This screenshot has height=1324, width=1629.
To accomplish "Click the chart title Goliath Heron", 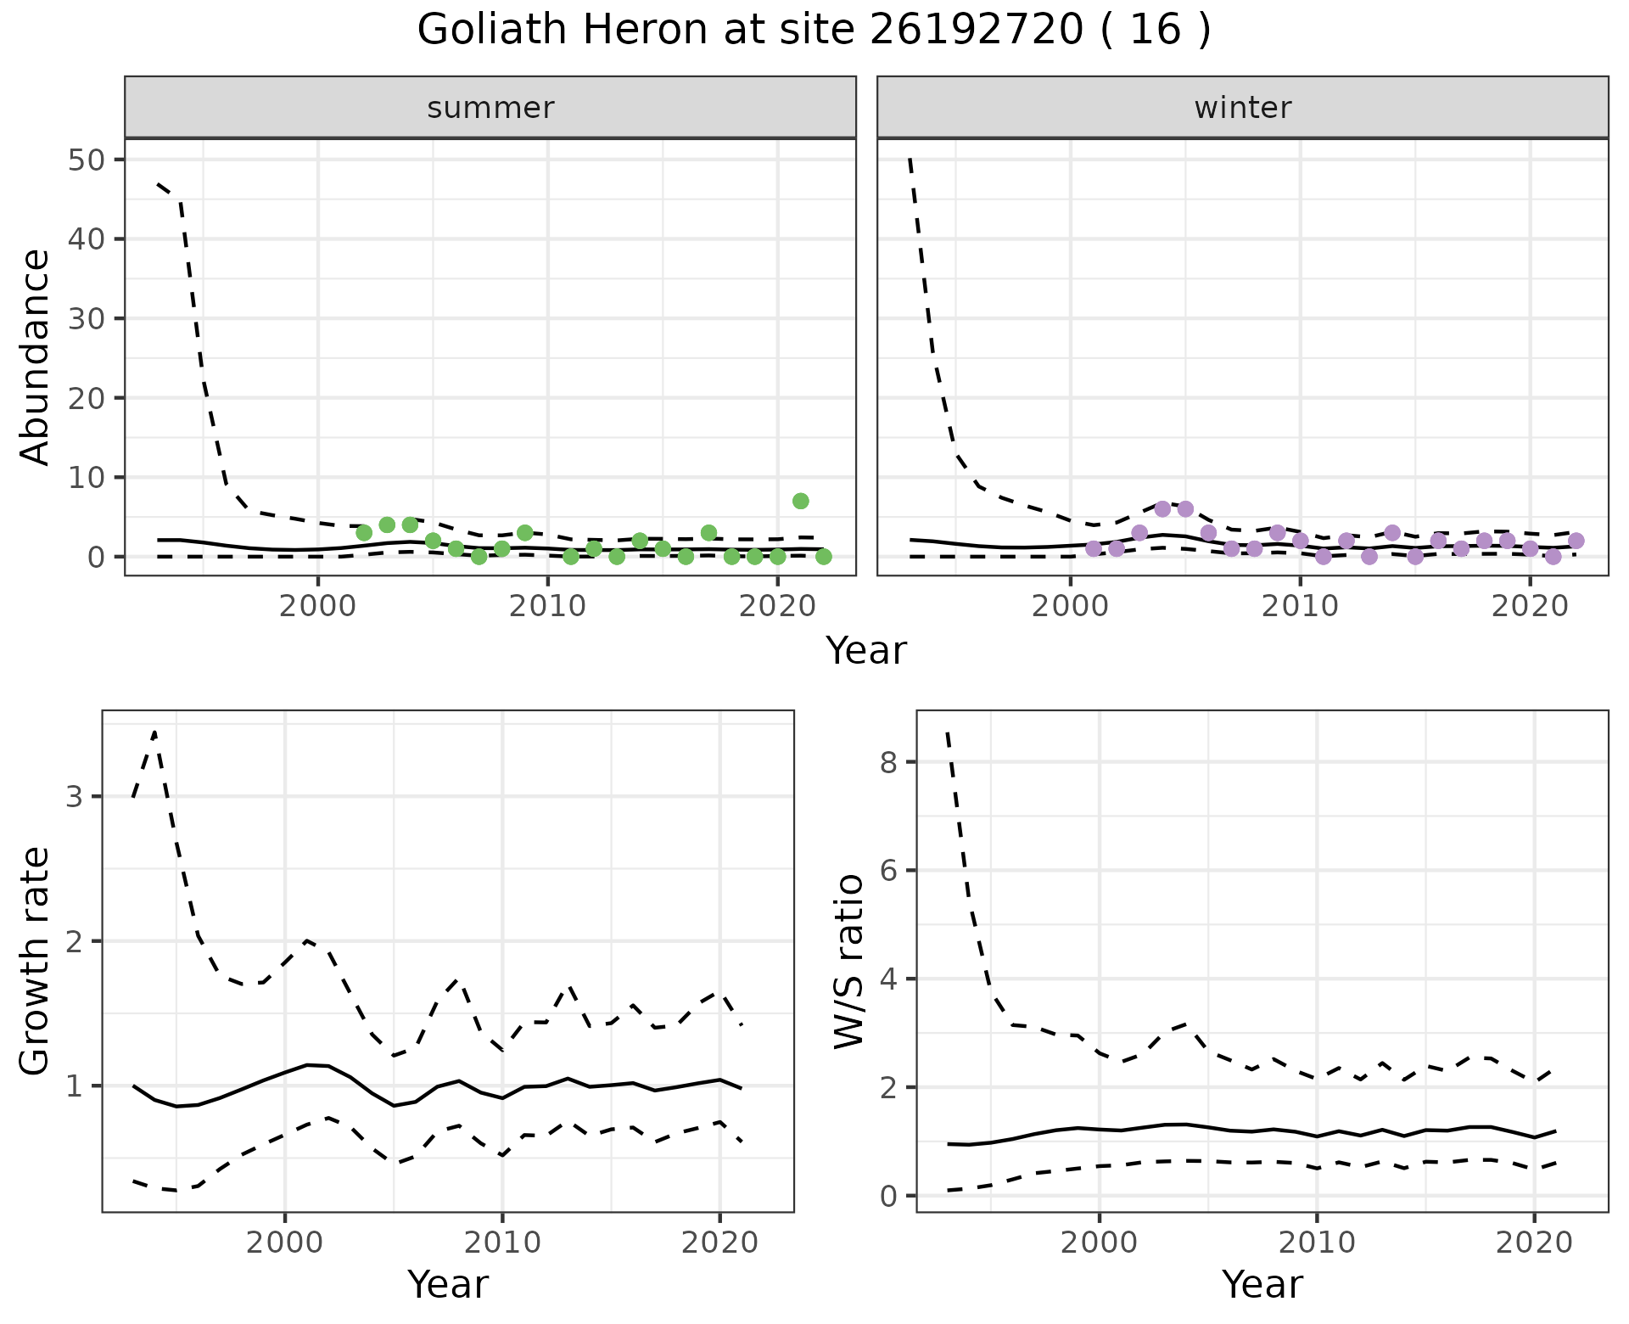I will tap(814, 31).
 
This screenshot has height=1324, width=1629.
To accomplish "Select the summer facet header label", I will tap(490, 108).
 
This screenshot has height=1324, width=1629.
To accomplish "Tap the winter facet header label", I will tap(1242, 108).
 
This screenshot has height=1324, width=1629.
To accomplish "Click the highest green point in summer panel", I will tap(800, 501).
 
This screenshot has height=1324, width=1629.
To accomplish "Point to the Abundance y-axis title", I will tap(36, 356).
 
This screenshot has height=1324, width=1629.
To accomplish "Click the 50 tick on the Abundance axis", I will tap(84, 160).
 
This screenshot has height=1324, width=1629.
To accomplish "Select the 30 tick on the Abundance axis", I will tap(84, 318).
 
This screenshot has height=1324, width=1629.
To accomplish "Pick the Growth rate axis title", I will tap(36, 962).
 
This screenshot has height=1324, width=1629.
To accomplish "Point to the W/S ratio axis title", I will tap(849, 962).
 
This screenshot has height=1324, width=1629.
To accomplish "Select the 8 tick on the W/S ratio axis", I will tap(888, 762).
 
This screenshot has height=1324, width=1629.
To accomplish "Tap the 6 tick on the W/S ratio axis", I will tap(888, 871).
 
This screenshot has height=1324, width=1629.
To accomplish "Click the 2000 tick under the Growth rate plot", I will tap(285, 1243).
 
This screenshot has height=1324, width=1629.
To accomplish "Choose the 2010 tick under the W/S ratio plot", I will tap(1316, 1243).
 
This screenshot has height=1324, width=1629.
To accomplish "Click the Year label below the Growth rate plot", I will tap(448, 1284).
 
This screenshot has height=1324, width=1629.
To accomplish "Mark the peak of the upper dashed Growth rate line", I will tap(154, 732).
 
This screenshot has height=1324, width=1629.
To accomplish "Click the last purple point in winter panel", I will tap(1576, 541).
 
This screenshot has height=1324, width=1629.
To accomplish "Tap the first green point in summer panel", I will tap(364, 533).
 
